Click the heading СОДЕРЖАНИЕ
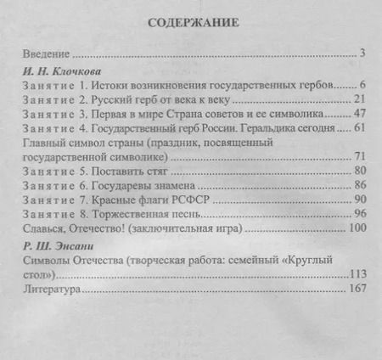pyautogui.click(x=191, y=23)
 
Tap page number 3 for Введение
pyautogui.click(x=362, y=54)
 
